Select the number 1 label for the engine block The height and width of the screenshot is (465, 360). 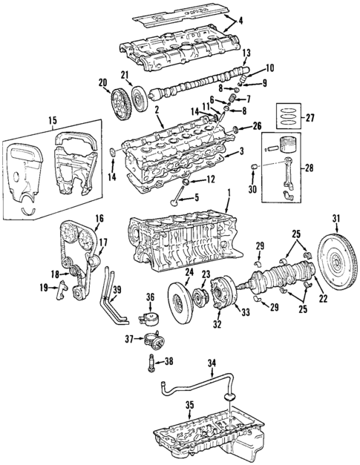[x=229, y=192]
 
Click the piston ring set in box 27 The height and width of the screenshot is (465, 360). [x=289, y=116]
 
